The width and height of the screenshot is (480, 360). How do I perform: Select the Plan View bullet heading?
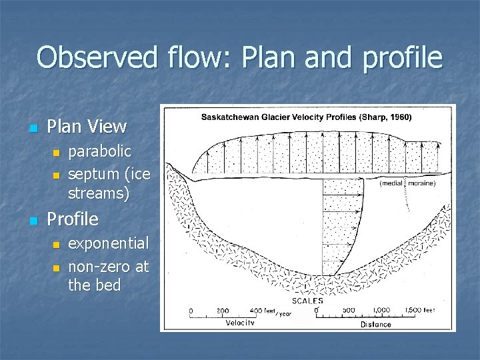pos(87,126)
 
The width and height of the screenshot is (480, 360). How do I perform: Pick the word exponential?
pos(109,243)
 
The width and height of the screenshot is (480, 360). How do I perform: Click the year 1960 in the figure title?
pos(399,117)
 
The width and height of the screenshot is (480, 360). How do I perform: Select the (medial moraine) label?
pos(407,183)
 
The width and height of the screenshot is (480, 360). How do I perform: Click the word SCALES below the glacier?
pos(307,301)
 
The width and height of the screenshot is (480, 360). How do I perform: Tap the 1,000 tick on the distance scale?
pos(383,311)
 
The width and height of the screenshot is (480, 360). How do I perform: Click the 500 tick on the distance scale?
pos(348,311)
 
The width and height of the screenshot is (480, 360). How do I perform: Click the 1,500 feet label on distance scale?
pos(420,311)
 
